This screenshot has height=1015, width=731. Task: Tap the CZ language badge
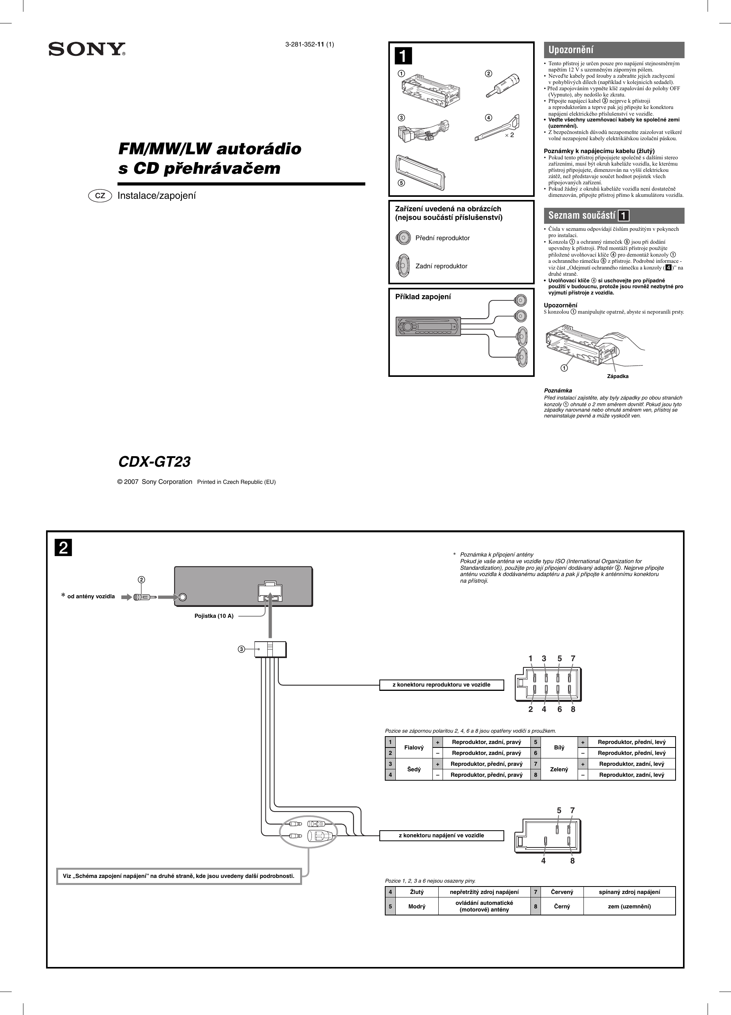(100, 196)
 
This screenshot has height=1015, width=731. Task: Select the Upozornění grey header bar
(614, 50)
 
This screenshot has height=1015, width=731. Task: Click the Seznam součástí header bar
(614, 215)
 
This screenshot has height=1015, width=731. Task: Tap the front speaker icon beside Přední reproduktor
(403, 237)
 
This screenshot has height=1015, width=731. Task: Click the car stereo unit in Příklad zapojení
(428, 326)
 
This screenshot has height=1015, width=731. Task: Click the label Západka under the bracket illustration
(617, 376)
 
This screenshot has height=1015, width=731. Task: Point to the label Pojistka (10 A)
(214, 616)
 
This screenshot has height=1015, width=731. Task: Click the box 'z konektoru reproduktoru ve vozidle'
(441, 685)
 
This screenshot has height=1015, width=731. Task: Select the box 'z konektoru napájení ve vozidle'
(441, 835)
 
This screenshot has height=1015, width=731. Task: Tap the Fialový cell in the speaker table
(414, 747)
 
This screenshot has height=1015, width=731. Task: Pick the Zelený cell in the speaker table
(559, 769)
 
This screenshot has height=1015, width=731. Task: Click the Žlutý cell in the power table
(416, 892)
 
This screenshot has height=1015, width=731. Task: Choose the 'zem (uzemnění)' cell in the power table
(629, 907)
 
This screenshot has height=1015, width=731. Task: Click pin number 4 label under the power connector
(543, 861)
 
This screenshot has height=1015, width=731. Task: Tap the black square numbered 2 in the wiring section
(64, 548)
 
